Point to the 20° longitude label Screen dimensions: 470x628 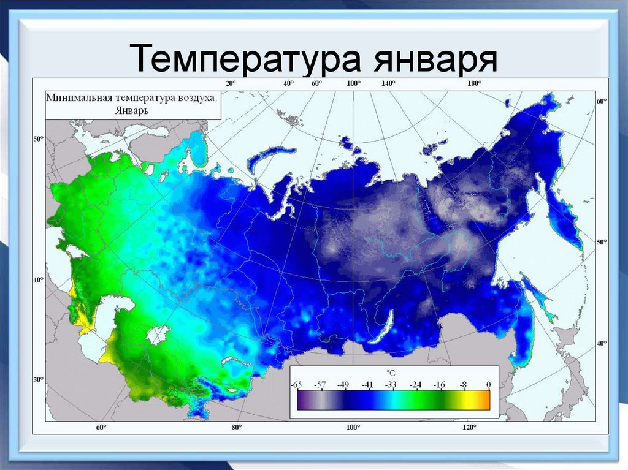pos(230,83)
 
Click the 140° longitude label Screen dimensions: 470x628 pos(388,83)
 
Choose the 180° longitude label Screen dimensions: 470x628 pos(474,83)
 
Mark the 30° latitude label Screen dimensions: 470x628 pos(38,380)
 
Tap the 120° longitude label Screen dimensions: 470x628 pos(469,427)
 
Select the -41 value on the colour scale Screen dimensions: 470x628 pos(367,384)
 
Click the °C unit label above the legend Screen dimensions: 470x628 pos(391,372)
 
